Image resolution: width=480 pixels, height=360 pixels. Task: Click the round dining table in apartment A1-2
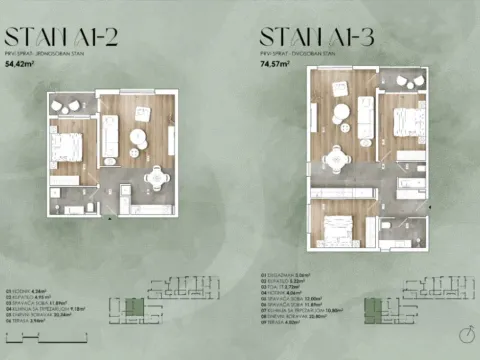tap(155, 180)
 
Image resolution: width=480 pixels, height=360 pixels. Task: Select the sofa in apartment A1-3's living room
tap(367, 119)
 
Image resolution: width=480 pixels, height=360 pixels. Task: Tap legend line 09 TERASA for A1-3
tap(281, 321)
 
